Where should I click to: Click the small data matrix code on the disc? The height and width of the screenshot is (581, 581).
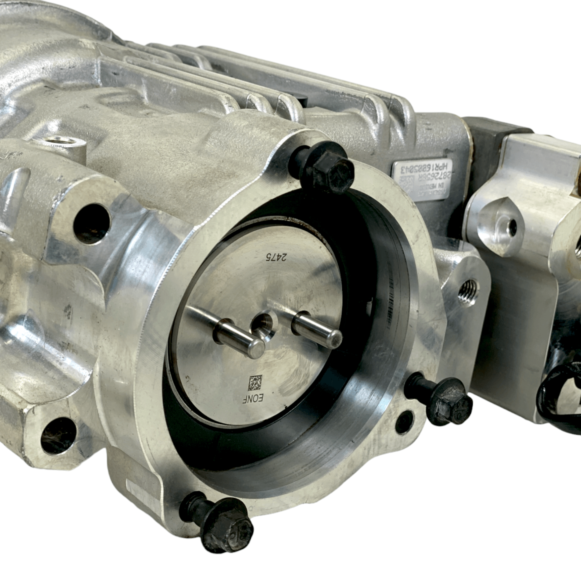point(255,383)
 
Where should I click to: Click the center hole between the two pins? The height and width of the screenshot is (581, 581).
point(262,325)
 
